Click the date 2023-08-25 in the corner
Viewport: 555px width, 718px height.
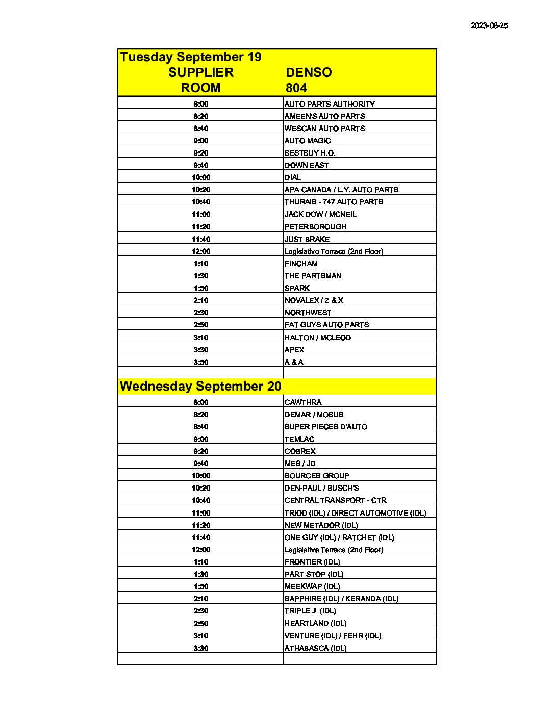click(x=489, y=25)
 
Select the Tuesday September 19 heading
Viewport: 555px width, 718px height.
click(x=191, y=57)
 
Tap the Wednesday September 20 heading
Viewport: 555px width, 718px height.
click(x=200, y=386)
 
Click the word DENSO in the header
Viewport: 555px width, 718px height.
click(x=309, y=72)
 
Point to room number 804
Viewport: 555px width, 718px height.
click(x=296, y=88)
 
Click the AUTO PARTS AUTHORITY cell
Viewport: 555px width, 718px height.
click(x=330, y=104)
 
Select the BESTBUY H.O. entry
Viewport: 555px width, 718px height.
click(x=310, y=153)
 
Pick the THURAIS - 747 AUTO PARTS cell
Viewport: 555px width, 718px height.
click(x=334, y=202)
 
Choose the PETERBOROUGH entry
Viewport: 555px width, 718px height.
click(x=315, y=227)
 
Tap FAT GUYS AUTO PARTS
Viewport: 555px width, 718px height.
click(x=326, y=325)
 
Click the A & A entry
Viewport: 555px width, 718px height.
click(x=294, y=362)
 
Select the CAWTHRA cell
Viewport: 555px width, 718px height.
click(x=303, y=402)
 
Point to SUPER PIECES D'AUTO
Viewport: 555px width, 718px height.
click(x=325, y=427)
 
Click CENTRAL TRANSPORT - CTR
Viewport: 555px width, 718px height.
click(x=335, y=500)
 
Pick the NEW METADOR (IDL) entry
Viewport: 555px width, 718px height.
click(x=321, y=525)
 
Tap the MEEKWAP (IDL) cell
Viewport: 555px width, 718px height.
click(x=312, y=586)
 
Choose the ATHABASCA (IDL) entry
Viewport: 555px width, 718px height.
click(x=315, y=648)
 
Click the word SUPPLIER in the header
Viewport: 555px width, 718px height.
click(x=201, y=72)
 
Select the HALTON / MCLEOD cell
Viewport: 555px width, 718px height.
click(x=317, y=338)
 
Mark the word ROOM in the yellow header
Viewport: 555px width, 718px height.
click(x=201, y=88)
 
